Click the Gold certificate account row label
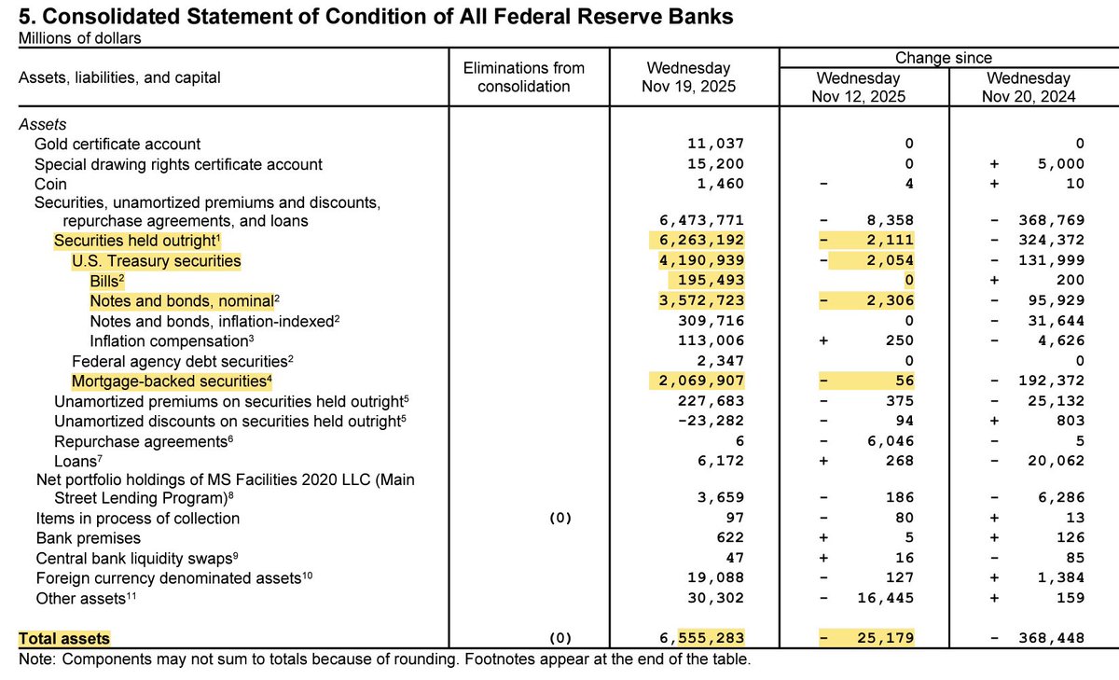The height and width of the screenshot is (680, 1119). click(x=117, y=144)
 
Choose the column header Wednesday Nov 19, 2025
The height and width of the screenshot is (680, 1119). click(x=688, y=77)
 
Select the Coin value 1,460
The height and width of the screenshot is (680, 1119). click(x=720, y=184)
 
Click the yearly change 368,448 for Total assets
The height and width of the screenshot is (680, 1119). click(x=1050, y=639)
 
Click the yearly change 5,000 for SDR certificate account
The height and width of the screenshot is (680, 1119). click(x=1060, y=164)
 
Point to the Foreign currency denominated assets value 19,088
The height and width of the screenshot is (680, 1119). click(x=716, y=577)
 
